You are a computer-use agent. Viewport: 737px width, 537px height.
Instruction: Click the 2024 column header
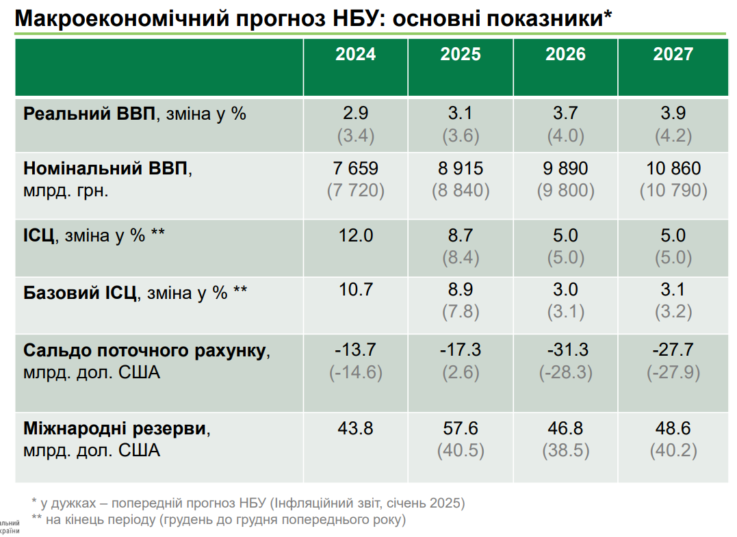[x=355, y=55]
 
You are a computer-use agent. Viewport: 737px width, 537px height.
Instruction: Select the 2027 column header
[x=673, y=55]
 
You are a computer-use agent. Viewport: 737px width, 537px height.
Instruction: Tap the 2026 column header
[x=565, y=55]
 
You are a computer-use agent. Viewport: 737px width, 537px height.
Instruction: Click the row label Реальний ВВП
[x=90, y=114]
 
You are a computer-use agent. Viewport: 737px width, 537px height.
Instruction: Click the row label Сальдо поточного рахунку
[x=144, y=350]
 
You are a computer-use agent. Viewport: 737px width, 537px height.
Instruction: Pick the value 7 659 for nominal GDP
[x=355, y=168]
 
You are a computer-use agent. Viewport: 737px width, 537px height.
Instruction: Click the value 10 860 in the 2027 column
[x=673, y=168]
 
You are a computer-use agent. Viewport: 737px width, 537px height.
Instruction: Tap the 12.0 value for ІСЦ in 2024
[x=355, y=236]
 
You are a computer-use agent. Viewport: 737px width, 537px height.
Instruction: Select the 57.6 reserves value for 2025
[x=461, y=429]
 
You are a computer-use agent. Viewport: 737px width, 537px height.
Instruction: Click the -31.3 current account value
[x=565, y=350]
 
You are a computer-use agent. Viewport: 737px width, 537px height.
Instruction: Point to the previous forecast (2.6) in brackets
[x=461, y=373]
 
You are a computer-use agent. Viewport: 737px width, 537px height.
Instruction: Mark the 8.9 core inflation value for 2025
[x=461, y=290]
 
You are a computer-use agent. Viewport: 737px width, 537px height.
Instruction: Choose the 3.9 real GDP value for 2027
[x=673, y=114]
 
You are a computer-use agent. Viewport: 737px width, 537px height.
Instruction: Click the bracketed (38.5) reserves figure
[x=566, y=451]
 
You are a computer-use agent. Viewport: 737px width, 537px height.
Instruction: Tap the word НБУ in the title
[x=344, y=18]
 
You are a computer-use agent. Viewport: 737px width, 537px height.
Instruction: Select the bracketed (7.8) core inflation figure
[x=461, y=313]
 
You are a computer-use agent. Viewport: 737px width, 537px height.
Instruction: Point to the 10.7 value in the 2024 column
[x=355, y=290]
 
